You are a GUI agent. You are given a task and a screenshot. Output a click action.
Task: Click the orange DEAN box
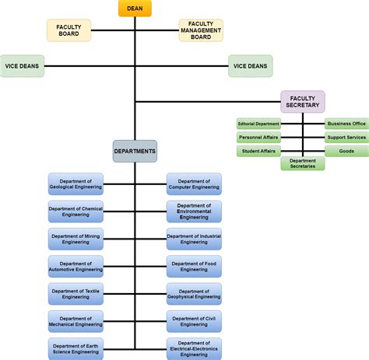tap(135, 9)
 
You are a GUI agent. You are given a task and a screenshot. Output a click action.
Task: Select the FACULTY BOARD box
tap(69, 30)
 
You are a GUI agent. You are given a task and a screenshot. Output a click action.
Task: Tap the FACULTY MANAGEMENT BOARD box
tap(201, 30)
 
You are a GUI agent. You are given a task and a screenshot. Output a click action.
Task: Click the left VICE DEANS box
tap(23, 66)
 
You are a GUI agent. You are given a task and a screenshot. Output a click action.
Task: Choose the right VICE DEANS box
tap(250, 66)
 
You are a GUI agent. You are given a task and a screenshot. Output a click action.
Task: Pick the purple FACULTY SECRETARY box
tap(303, 101)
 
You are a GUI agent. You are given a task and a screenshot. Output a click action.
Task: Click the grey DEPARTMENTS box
tap(135, 151)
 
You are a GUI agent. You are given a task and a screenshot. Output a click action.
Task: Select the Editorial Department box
tap(258, 124)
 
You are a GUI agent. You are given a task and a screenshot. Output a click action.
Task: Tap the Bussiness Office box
tap(346, 124)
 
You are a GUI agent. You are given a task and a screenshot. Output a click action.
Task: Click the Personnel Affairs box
tap(258, 138)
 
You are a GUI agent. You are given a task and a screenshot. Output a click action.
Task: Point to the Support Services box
tap(346, 138)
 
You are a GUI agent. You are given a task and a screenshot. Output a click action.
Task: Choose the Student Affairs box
tap(258, 151)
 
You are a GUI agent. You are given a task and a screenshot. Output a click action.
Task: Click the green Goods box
tap(346, 151)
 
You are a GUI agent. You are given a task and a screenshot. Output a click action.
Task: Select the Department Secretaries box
tap(303, 164)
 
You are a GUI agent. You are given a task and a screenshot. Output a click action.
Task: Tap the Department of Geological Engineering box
tap(76, 184)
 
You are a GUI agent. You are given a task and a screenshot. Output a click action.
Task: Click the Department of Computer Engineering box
tap(194, 184)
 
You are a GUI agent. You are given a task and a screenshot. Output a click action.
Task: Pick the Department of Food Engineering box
tap(194, 266)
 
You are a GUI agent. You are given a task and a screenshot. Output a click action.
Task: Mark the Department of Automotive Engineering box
tap(76, 266)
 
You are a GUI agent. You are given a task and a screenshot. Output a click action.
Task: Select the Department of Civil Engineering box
tap(194, 321)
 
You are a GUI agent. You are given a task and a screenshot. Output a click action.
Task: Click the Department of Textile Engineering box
tap(76, 294)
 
